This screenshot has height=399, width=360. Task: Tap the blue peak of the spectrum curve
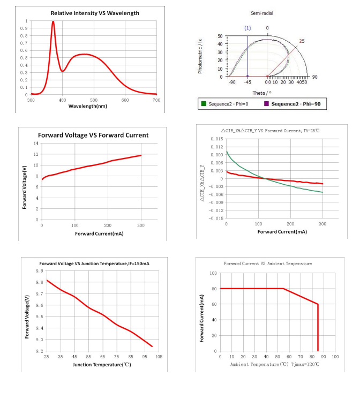53,22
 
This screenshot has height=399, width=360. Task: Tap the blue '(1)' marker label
247,27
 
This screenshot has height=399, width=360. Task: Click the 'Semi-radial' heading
267,12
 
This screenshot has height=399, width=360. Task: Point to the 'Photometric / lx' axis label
200,56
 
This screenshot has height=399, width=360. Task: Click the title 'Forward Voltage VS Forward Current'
93,135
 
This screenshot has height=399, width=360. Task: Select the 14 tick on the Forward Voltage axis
36,144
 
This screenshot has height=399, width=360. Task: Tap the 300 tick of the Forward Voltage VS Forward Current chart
141,225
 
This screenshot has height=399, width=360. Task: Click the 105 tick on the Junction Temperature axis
159,357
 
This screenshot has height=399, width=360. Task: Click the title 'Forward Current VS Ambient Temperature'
268,264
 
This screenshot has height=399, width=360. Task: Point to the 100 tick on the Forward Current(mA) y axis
213,273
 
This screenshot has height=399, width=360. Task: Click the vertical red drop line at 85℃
318,327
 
